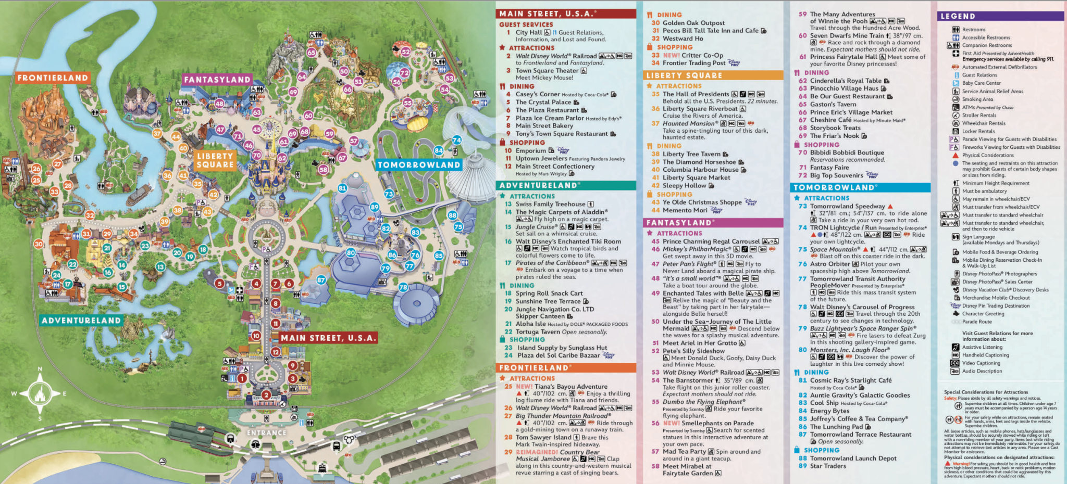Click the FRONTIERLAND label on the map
pyautogui.click(x=53, y=78)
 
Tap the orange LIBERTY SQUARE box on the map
pyautogui.click(x=215, y=160)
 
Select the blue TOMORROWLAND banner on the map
pyautogui.click(x=419, y=165)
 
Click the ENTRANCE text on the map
pyautogui.click(x=266, y=432)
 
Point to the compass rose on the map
pyautogui.click(x=40, y=393)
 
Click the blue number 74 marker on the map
pyautogui.click(x=457, y=140)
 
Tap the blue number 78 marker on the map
pyautogui.click(x=403, y=287)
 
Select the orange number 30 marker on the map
pyautogui.click(x=39, y=244)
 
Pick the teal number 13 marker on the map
pyautogui.click(x=160, y=266)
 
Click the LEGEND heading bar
pyautogui.click(x=1000, y=16)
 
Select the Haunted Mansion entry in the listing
pyautogui.click(x=688, y=123)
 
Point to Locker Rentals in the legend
pyautogui.click(x=978, y=131)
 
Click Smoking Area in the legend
pyautogui.click(x=977, y=99)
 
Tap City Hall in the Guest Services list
pyautogui.click(x=528, y=32)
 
